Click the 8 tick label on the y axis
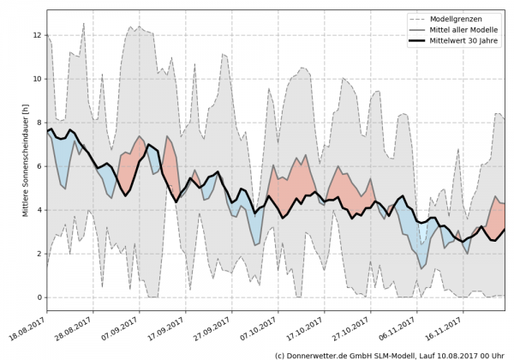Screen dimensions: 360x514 point(39,123)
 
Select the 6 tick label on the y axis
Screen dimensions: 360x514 point(39,166)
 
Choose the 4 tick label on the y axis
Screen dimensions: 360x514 point(39,210)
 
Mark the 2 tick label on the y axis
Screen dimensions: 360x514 point(39,254)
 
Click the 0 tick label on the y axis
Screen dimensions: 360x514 point(39,297)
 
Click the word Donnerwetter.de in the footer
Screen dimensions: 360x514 point(320,354)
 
